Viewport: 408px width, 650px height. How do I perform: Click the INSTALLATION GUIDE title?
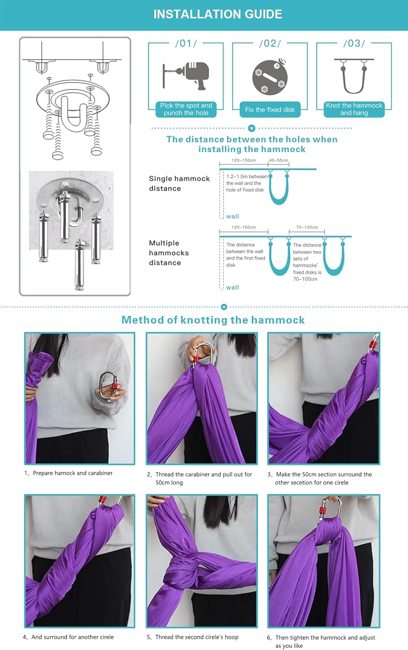[218, 14]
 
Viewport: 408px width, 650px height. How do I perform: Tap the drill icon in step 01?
[187, 75]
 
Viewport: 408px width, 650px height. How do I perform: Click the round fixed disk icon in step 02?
[270, 77]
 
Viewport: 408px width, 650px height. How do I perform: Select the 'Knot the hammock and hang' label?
[354, 109]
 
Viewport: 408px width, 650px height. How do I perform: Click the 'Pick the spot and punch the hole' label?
[186, 109]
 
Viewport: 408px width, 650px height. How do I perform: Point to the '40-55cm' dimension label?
[278, 160]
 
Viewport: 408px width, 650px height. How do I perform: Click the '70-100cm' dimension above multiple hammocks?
[307, 227]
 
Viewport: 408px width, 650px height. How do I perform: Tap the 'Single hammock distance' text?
[179, 183]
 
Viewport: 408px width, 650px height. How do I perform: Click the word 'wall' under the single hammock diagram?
[232, 216]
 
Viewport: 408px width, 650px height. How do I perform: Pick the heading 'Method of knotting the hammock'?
[213, 320]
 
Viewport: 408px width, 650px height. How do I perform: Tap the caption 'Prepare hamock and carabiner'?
[72, 473]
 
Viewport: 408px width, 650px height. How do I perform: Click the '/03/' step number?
[354, 43]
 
